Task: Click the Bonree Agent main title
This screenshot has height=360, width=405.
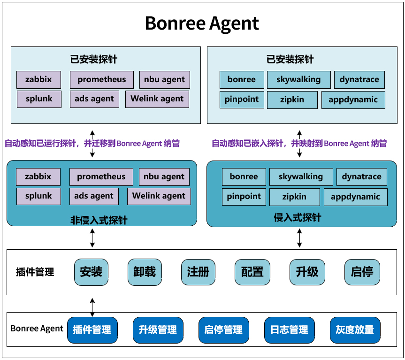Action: click(x=202, y=23)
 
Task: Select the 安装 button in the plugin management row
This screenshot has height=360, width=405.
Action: click(x=91, y=272)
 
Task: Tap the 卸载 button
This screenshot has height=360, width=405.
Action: click(x=145, y=272)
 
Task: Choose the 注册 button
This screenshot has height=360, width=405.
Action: click(x=198, y=272)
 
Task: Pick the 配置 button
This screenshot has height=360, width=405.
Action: click(x=252, y=272)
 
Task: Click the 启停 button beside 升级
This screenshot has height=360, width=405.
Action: click(x=362, y=272)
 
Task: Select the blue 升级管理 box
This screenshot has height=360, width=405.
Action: click(x=158, y=330)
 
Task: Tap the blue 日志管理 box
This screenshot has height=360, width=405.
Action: click(x=289, y=330)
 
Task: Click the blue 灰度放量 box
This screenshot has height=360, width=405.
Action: click(x=355, y=330)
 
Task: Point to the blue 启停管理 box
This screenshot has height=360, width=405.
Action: click(x=223, y=330)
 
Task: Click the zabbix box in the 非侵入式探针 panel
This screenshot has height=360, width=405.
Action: click(x=38, y=177)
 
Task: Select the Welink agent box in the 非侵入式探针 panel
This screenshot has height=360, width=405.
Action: click(x=159, y=196)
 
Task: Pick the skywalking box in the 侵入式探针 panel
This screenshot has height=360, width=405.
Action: click(x=301, y=177)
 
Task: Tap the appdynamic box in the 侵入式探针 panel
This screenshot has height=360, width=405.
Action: click(x=355, y=197)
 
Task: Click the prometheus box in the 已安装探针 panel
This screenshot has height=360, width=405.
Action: click(x=102, y=80)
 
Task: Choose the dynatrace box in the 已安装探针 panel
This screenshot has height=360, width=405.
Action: click(x=359, y=80)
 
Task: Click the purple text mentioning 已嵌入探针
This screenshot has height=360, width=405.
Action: click(x=299, y=144)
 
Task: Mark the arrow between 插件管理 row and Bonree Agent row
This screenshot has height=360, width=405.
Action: click(x=92, y=307)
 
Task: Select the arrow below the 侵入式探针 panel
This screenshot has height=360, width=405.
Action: click(x=299, y=238)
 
